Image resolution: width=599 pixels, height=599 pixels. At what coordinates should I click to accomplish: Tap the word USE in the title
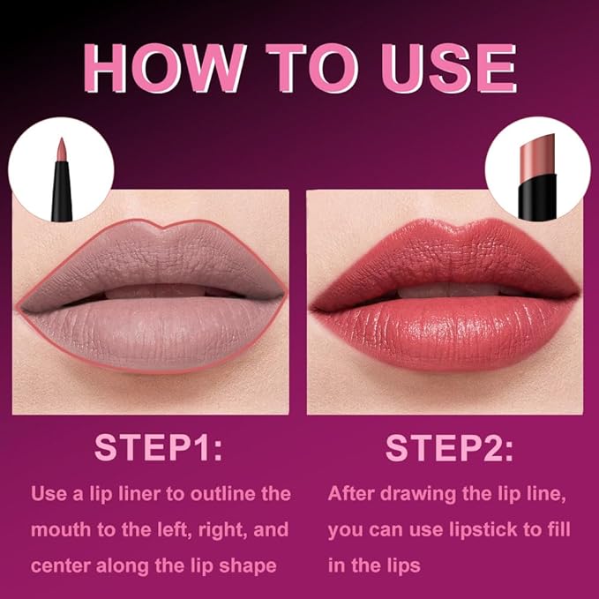click(440, 66)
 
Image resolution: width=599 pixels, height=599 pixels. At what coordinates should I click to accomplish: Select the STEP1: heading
click(159, 447)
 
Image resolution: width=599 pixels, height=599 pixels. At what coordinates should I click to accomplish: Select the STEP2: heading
click(449, 447)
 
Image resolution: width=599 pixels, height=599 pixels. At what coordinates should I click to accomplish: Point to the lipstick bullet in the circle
click(535, 153)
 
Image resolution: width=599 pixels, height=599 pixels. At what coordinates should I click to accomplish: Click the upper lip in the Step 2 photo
click(441, 256)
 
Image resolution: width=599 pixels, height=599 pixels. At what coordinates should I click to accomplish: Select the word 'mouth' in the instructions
click(57, 530)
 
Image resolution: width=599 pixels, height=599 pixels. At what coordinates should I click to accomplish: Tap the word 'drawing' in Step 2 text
click(423, 492)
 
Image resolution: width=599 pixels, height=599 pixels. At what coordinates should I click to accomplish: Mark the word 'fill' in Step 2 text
click(555, 530)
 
